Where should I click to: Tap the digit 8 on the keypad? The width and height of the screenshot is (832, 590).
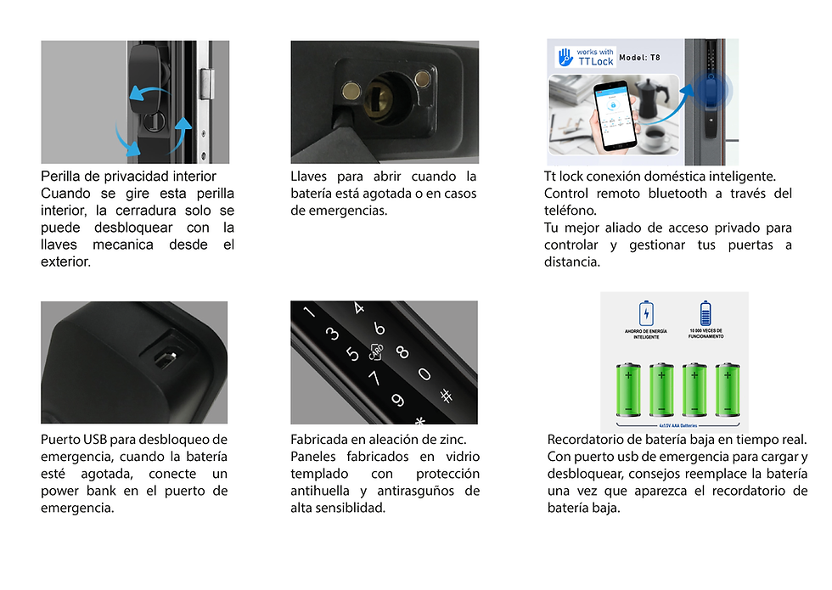click(402, 352)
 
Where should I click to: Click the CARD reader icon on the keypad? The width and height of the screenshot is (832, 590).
click(376, 350)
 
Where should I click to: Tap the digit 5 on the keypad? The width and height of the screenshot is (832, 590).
click(350, 351)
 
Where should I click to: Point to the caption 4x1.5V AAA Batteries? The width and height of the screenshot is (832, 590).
click(677, 419)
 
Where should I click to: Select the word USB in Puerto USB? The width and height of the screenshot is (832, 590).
click(93, 439)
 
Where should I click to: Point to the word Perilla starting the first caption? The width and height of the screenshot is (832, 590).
click(64, 176)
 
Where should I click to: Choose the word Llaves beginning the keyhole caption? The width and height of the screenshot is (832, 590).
click(309, 176)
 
